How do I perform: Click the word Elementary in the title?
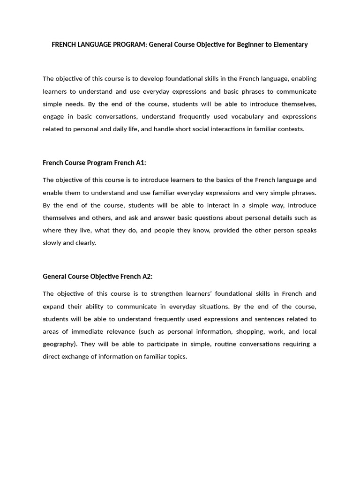tap(290, 45)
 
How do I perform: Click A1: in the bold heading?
tap(141, 163)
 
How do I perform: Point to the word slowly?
tap(52, 243)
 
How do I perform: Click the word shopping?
tap(254, 331)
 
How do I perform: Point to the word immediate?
tap(81, 331)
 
